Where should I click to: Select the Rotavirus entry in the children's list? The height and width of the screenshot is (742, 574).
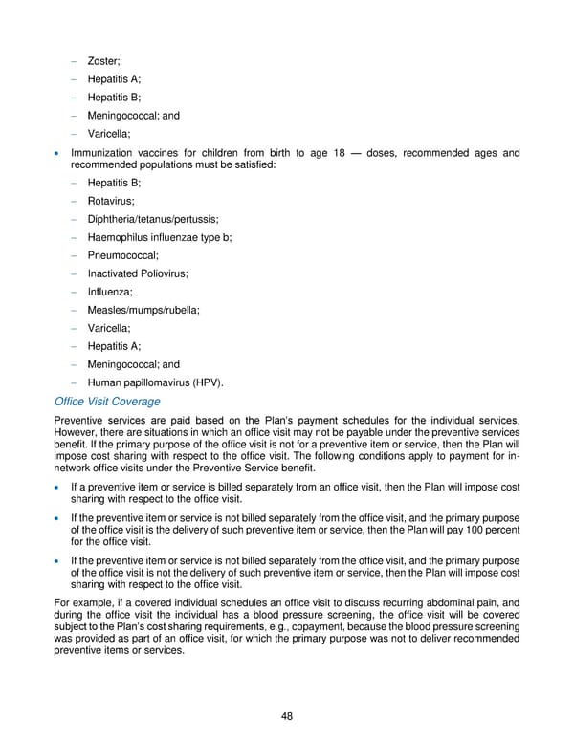click(111, 201)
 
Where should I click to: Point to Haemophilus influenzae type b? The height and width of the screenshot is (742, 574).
click(160, 237)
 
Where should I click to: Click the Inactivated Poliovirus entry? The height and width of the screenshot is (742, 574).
click(138, 273)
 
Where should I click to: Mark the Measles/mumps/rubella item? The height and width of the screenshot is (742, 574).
click(143, 310)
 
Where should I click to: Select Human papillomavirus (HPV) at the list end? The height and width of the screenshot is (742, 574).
click(156, 382)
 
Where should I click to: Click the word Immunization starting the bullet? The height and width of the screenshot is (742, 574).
click(102, 153)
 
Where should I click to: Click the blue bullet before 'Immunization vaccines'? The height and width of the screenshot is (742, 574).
click(59, 154)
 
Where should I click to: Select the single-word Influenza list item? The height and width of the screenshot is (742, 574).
click(110, 292)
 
